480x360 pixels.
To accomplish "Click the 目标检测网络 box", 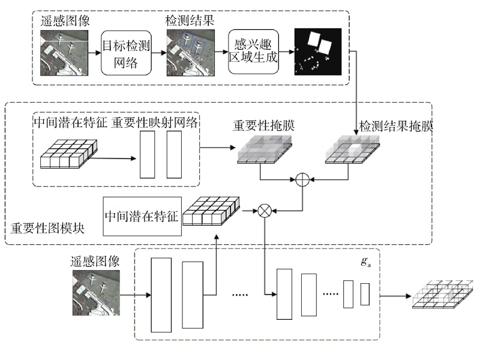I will tap(125, 53).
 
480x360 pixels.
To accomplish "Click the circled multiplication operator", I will tap(264, 210).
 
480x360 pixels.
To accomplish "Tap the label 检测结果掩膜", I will tap(396, 127).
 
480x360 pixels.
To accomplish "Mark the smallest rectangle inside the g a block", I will tap(365, 295).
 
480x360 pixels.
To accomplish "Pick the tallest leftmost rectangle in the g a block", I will tap(161, 295).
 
